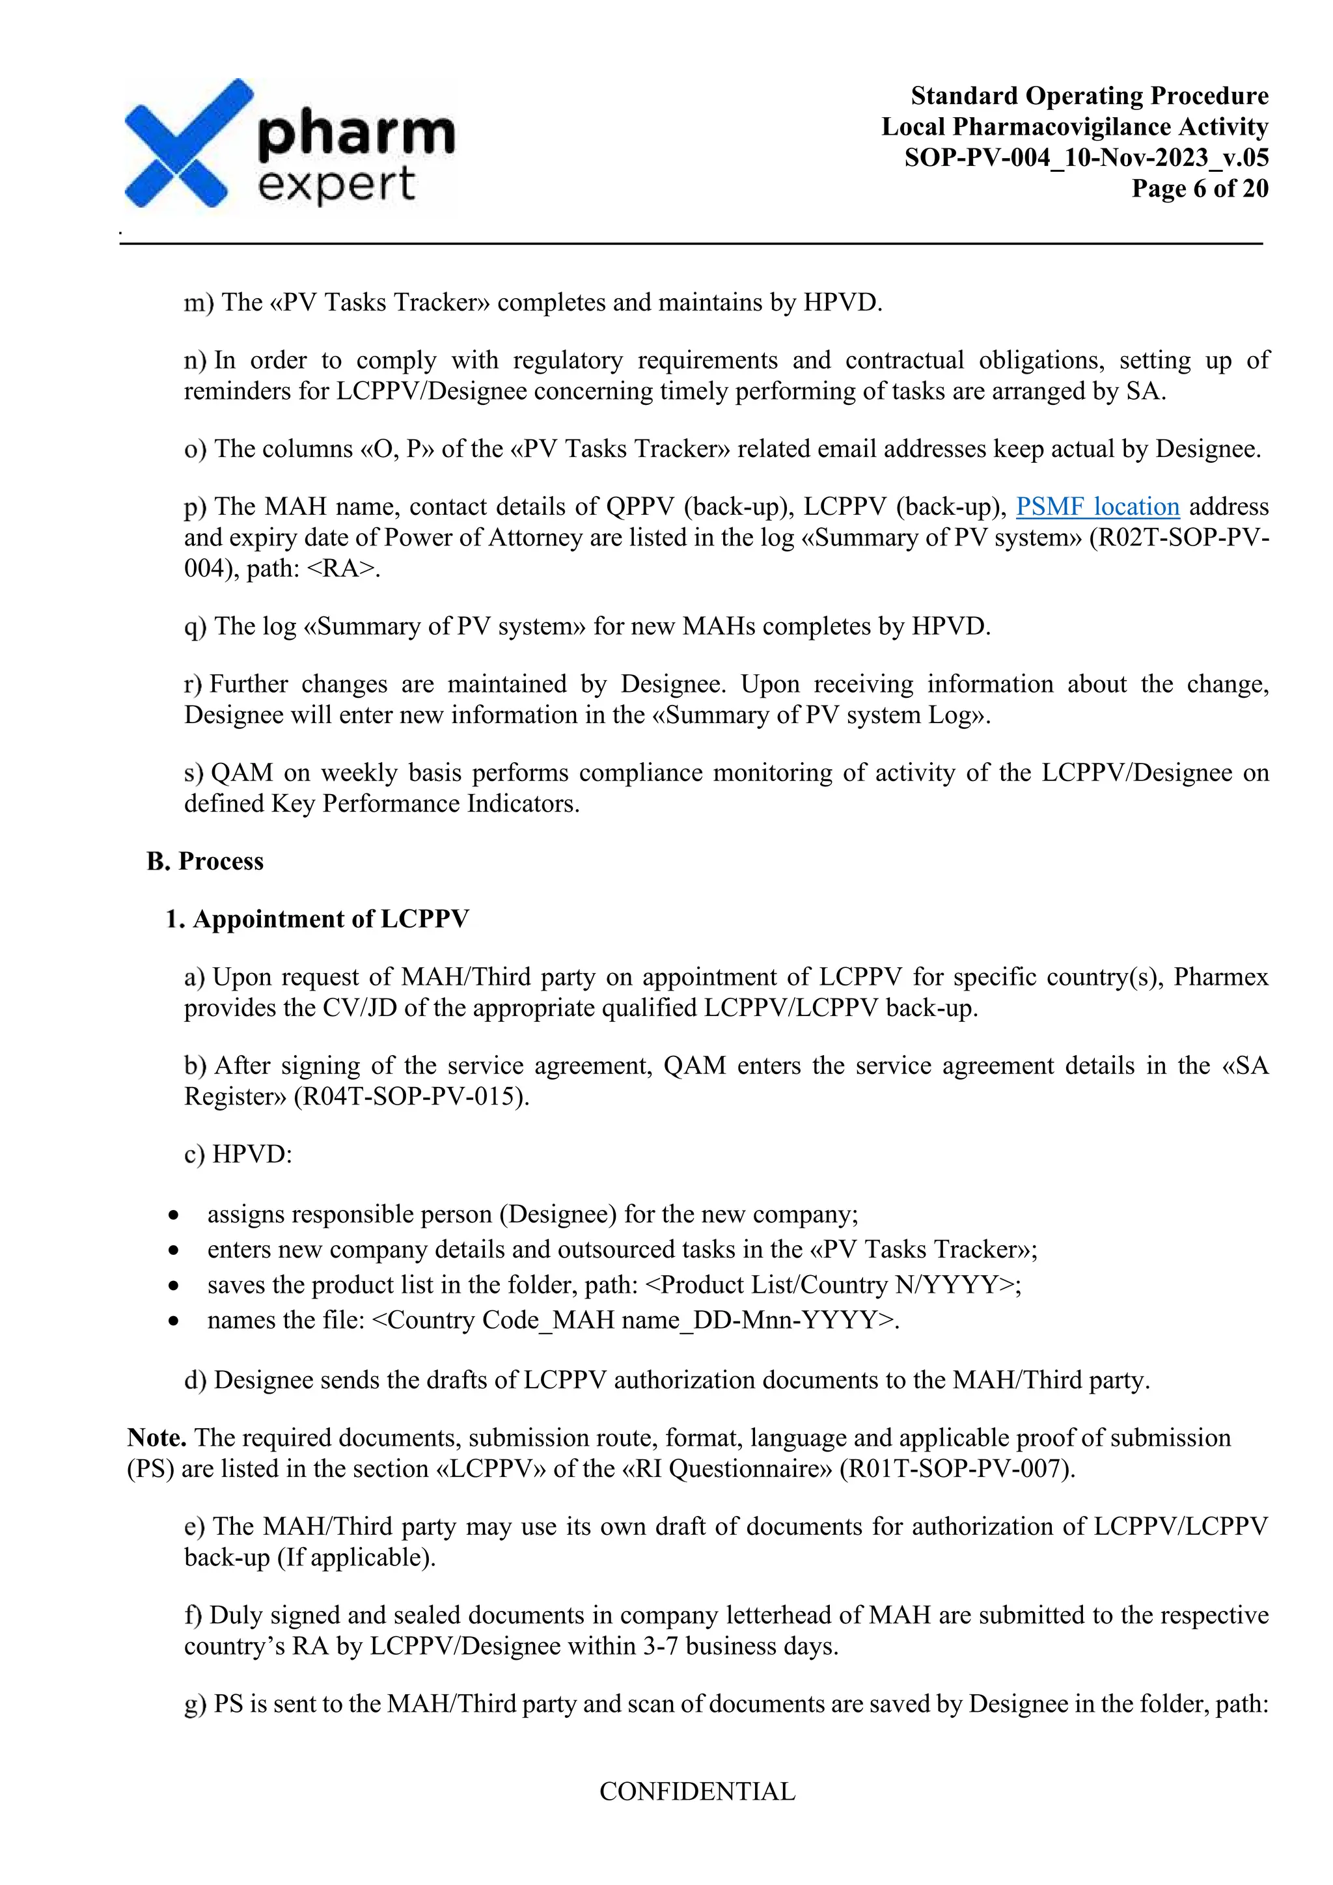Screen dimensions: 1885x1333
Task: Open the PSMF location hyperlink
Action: tap(1097, 506)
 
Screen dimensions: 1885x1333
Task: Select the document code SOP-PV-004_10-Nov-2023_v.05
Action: tap(1086, 158)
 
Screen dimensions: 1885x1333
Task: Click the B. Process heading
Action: tap(205, 861)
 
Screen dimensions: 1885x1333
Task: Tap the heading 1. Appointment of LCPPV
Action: tap(317, 918)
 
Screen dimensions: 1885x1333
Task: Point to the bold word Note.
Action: tap(157, 1438)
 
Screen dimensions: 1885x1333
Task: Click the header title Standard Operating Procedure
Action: tap(1089, 96)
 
